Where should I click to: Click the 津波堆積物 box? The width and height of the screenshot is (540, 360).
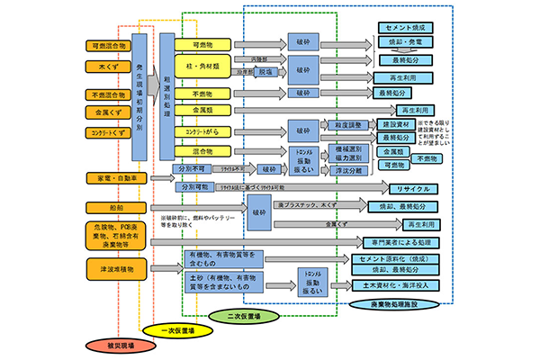[111, 267]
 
